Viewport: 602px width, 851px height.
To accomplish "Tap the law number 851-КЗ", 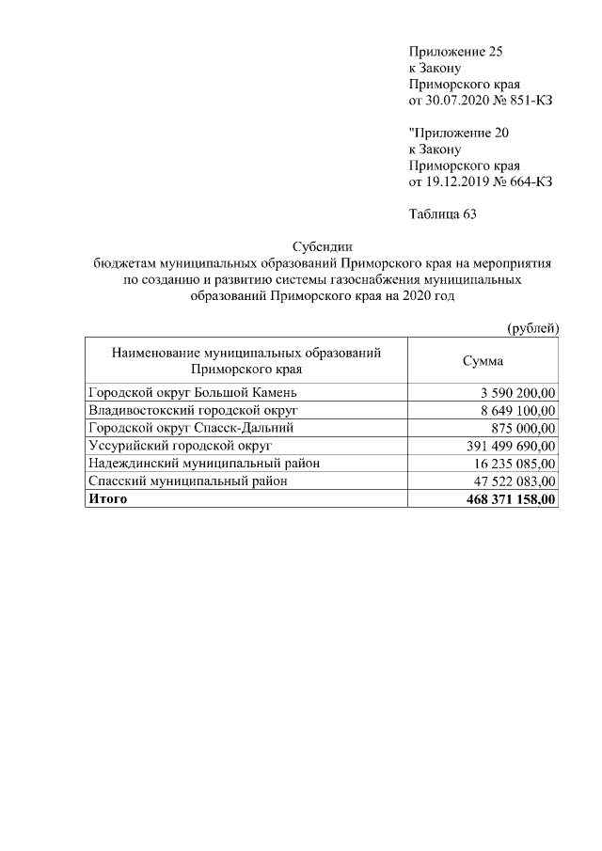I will [525, 100].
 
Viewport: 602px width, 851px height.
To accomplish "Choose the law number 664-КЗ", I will [525, 181].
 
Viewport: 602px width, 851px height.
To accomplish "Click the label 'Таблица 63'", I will [443, 214].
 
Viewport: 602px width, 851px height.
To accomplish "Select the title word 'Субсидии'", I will [321, 247].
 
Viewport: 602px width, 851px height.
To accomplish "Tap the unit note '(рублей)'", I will [532, 328].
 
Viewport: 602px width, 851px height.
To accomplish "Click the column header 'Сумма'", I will [483, 361].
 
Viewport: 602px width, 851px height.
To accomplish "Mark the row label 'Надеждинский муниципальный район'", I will [203, 463].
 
